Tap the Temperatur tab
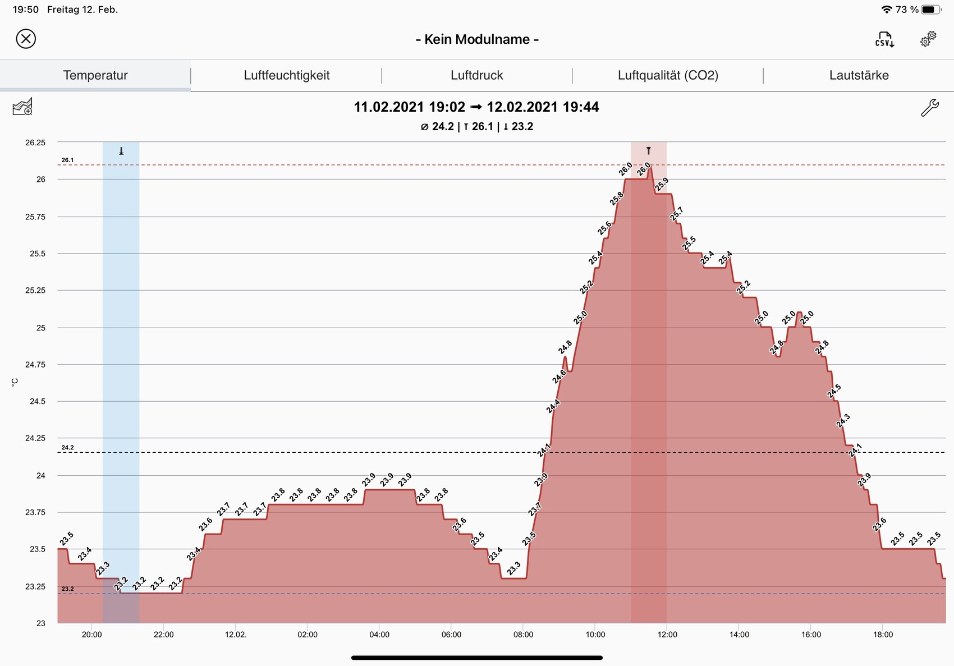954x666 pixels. coord(95,75)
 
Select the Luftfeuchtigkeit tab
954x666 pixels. coord(286,75)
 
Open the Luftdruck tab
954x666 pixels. coord(477,75)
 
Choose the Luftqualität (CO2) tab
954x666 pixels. coord(668,75)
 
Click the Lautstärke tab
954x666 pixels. coord(859,75)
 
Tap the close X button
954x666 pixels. coord(26,39)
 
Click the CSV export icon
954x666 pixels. coord(884,39)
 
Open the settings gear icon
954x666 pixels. coord(928,39)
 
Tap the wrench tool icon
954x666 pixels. coord(929,107)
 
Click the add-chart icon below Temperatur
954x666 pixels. coord(22,107)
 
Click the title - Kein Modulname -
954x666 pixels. coord(477,39)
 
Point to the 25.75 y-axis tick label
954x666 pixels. coord(35,217)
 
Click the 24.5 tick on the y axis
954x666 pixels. coord(38,401)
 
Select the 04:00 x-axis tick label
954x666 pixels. coord(379,635)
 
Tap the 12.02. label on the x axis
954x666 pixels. coord(236,635)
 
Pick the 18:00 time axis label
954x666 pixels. coord(883,635)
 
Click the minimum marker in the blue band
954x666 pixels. coord(121,151)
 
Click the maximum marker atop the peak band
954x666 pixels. coord(649,150)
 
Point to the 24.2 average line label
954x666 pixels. coord(67,448)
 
